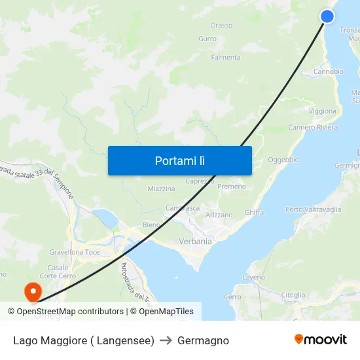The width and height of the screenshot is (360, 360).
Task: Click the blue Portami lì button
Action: point(179,160)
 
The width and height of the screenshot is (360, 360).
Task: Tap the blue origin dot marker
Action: point(328,16)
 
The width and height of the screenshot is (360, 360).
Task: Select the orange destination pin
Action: point(31,291)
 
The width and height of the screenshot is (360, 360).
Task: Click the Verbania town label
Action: point(195,242)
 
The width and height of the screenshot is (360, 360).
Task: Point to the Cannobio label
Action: point(328,72)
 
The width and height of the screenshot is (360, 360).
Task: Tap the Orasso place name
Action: point(221,26)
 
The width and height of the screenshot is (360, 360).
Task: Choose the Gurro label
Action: point(207,39)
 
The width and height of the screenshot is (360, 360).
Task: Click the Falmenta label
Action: point(225,58)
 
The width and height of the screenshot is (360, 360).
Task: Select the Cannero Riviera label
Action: point(313,128)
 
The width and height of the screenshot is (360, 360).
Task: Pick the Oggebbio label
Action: point(283,160)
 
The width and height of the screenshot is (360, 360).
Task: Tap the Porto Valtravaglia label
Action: point(313,210)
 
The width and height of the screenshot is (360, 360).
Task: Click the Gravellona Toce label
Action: point(75,252)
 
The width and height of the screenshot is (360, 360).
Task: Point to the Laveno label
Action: point(254,278)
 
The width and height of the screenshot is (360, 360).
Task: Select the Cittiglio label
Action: point(293,295)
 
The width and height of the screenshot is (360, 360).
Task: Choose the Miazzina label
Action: point(161,189)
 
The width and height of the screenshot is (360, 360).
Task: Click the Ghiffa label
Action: point(254,213)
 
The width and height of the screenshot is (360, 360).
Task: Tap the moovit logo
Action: point(321,340)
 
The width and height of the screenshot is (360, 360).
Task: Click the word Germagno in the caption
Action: point(203,340)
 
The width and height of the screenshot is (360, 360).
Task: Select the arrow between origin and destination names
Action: point(166,340)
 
